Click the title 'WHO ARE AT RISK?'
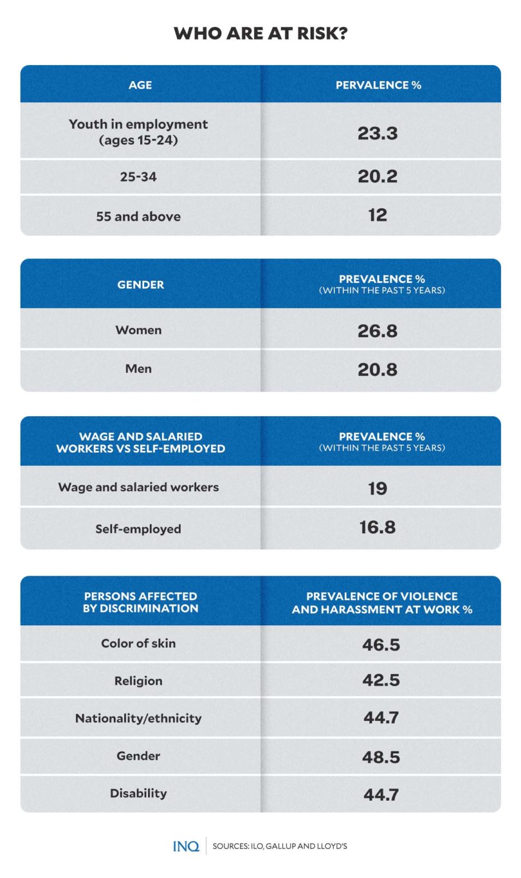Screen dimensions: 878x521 pyautogui.click(x=260, y=33)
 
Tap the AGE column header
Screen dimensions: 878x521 pyautogui.click(x=140, y=85)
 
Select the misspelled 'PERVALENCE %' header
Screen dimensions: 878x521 pyautogui.click(x=378, y=85)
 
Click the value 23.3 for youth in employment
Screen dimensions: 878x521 pyautogui.click(x=377, y=133)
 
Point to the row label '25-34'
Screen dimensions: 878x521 pyautogui.click(x=138, y=177)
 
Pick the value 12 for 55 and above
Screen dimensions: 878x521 pyautogui.click(x=377, y=215)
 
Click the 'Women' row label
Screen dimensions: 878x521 pyautogui.click(x=138, y=330)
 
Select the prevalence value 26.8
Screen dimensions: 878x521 pyautogui.click(x=377, y=330)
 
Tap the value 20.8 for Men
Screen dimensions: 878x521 pyautogui.click(x=377, y=369)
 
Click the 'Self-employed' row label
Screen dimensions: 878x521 pyautogui.click(x=138, y=529)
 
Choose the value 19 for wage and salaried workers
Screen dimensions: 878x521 pyautogui.click(x=377, y=488)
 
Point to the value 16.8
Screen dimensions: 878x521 pyautogui.click(x=377, y=527)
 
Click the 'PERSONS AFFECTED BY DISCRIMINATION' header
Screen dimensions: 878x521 pyautogui.click(x=140, y=602)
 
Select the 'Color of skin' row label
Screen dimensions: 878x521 pyautogui.click(x=138, y=643)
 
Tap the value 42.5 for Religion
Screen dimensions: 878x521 pyautogui.click(x=381, y=680)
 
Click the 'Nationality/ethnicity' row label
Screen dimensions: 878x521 pyautogui.click(x=138, y=718)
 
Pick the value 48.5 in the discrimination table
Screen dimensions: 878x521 pyautogui.click(x=381, y=757)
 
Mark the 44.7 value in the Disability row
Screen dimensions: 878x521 pyautogui.click(x=381, y=795)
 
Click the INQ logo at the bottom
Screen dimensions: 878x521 pyautogui.click(x=186, y=846)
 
